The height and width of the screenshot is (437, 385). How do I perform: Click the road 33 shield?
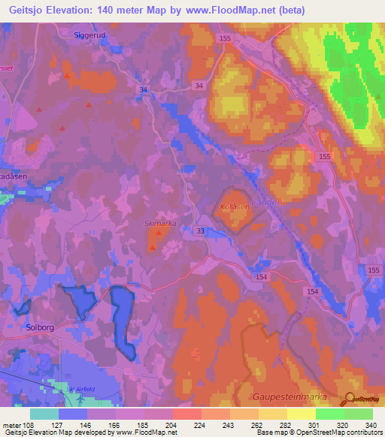[199, 231]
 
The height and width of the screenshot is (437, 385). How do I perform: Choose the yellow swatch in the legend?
[301, 414]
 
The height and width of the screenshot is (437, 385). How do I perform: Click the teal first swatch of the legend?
[44, 414]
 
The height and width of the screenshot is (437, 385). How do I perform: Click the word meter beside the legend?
[12, 425]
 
